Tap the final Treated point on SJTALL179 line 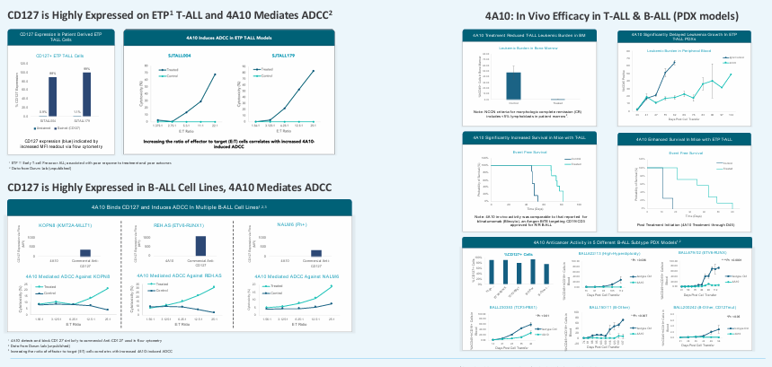314,71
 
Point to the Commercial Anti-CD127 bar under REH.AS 200,246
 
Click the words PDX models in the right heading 708,16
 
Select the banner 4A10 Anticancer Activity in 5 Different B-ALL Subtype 616,242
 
